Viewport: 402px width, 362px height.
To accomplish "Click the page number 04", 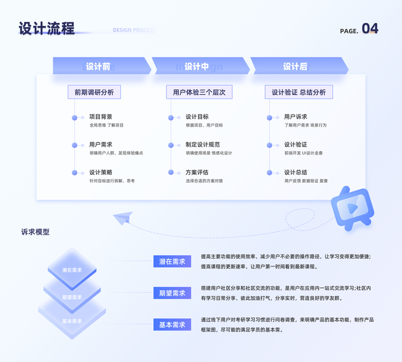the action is pos(370,28).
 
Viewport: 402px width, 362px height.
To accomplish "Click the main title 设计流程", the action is pos(46,28).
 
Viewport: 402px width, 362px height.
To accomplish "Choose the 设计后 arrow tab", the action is pos(296,66).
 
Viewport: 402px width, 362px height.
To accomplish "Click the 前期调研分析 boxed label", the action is pos(94,92).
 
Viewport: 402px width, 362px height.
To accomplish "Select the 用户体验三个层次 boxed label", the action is pos(199,92).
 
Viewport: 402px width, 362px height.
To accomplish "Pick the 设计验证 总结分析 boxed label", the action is pos(298,92).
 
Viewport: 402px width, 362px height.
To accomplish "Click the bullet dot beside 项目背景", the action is pos(75,118).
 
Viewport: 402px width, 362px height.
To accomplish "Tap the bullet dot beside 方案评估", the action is pos(171,173).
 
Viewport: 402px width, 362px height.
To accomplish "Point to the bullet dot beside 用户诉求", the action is pos(270,118).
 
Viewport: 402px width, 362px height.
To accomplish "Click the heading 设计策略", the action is pos(101,173).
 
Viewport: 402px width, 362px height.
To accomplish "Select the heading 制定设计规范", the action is pos(203,145).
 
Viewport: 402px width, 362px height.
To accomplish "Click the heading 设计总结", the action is pos(296,173).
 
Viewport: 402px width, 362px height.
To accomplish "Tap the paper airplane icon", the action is pos(124,217).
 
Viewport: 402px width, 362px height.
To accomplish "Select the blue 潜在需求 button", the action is pos(172,262).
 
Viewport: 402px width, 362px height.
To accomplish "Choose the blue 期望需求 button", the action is pos(172,293).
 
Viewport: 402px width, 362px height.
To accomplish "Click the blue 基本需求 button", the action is pos(172,325).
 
